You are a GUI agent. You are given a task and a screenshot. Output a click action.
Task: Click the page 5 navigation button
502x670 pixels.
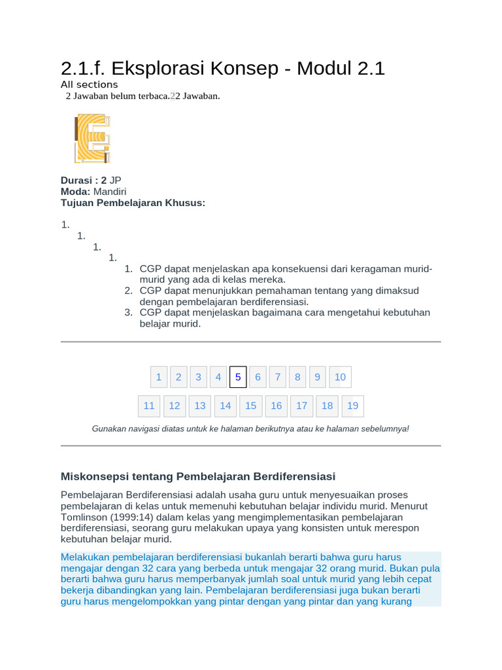(x=238, y=377)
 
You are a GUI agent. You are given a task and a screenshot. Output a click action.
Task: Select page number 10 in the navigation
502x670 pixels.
(x=340, y=377)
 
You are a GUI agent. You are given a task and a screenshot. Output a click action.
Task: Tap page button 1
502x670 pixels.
(x=158, y=377)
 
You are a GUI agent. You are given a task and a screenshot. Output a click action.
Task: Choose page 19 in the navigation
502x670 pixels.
(x=353, y=406)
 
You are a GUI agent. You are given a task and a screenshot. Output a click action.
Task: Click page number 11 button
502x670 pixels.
(x=149, y=406)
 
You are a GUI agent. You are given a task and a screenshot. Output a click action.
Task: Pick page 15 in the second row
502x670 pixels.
(x=251, y=406)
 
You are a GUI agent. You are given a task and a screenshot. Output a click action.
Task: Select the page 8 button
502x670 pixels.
(x=297, y=377)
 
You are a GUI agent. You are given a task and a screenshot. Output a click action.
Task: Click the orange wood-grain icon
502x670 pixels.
(x=92, y=138)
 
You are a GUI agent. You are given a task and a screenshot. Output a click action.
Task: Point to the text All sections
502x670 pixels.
(x=90, y=84)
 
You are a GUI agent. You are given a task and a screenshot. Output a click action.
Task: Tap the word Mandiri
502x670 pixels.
(x=110, y=192)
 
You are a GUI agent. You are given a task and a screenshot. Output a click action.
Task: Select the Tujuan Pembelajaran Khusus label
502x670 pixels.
(x=133, y=203)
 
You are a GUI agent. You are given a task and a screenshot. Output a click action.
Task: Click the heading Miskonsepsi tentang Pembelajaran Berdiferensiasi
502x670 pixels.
(x=197, y=476)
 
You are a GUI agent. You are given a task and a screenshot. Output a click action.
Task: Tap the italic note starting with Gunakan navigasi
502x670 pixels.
(x=250, y=429)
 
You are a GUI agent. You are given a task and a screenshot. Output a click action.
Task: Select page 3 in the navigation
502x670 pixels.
(x=198, y=377)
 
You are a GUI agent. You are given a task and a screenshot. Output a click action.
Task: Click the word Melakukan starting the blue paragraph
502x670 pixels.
(x=85, y=557)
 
